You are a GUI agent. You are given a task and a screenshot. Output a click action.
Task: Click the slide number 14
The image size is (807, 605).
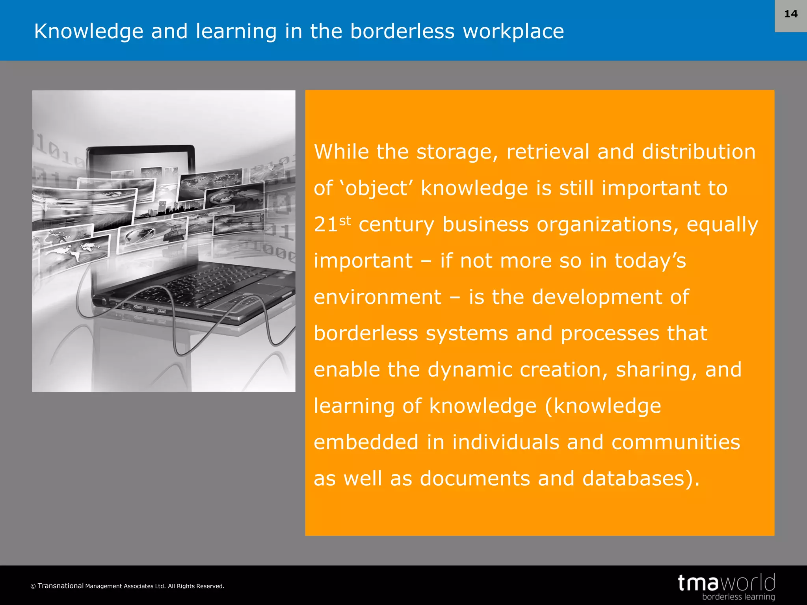click(790, 14)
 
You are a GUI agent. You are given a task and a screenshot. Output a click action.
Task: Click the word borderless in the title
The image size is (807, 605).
click(402, 32)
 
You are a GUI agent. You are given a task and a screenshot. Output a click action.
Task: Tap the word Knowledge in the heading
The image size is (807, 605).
click(89, 32)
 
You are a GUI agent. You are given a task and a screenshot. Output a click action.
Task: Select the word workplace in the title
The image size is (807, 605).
click(513, 32)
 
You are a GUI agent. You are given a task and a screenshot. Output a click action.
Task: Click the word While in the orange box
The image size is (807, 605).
click(341, 152)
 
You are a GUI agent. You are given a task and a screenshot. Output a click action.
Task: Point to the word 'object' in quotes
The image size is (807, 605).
click(376, 188)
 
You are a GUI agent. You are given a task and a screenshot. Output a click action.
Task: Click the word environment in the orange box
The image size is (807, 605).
click(377, 297)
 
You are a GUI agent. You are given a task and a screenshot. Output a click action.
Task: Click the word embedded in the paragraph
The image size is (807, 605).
click(366, 442)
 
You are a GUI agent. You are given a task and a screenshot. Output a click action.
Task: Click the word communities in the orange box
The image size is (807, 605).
click(675, 442)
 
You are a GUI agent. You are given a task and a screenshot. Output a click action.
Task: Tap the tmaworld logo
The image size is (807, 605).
click(726, 583)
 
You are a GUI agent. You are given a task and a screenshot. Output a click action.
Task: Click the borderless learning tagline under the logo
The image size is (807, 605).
click(738, 597)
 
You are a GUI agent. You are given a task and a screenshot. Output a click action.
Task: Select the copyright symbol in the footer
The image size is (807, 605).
click(33, 586)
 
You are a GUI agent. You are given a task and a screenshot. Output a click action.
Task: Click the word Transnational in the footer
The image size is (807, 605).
click(61, 586)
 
